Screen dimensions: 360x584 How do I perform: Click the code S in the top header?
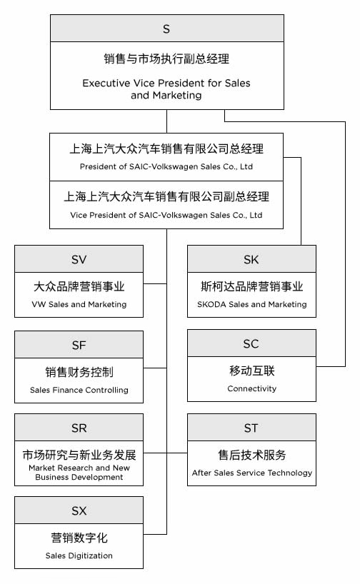tap(166, 29)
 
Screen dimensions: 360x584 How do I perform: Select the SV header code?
tap(79, 259)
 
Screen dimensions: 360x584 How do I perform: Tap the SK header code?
tap(251, 259)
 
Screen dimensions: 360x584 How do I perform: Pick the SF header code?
tap(79, 345)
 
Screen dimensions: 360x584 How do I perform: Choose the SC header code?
tap(251, 343)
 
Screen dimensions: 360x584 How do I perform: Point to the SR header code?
tap(79, 428)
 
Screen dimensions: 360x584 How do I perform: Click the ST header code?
tap(251, 428)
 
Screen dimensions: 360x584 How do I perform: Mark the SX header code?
tap(79, 510)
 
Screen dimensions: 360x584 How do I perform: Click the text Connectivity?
tap(252, 388)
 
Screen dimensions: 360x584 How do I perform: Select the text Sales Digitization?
tap(79, 555)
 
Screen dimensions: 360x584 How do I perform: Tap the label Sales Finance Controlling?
tap(79, 390)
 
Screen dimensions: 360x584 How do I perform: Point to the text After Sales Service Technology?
tap(252, 473)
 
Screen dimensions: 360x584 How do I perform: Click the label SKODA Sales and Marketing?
tap(252, 304)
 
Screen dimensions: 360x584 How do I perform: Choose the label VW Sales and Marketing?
tap(79, 304)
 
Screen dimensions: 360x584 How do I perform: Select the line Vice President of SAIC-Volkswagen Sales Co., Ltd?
tap(166, 215)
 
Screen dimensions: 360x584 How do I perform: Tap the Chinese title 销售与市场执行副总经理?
tap(166, 59)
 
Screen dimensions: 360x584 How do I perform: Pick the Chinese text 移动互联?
tap(252, 371)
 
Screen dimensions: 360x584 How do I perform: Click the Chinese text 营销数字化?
tap(79, 538)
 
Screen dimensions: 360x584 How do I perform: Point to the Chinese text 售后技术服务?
tap(252, 455)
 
